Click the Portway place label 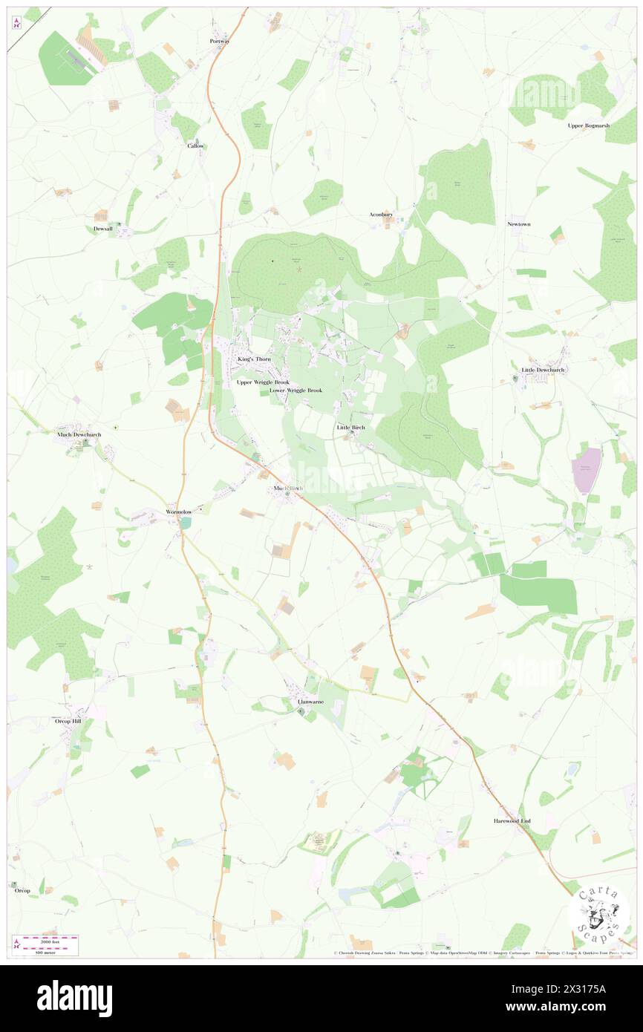(x=220, y=42)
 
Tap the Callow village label (x=195, y=146)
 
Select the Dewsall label (x=103, y=229)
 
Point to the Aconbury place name (x=381, y=215)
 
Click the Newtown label (x=519, y=224)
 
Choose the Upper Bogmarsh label (x=588, y=125)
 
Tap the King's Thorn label (x=254, y=359)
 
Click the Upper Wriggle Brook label (x=263, y=382)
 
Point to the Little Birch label (x=351, y=428)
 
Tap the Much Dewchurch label (x=79, y=434)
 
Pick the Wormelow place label (x=179, y=512)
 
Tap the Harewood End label (x=512, y=821)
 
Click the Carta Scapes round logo (x=598, y=912)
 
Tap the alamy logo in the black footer (x=75, y=999)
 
